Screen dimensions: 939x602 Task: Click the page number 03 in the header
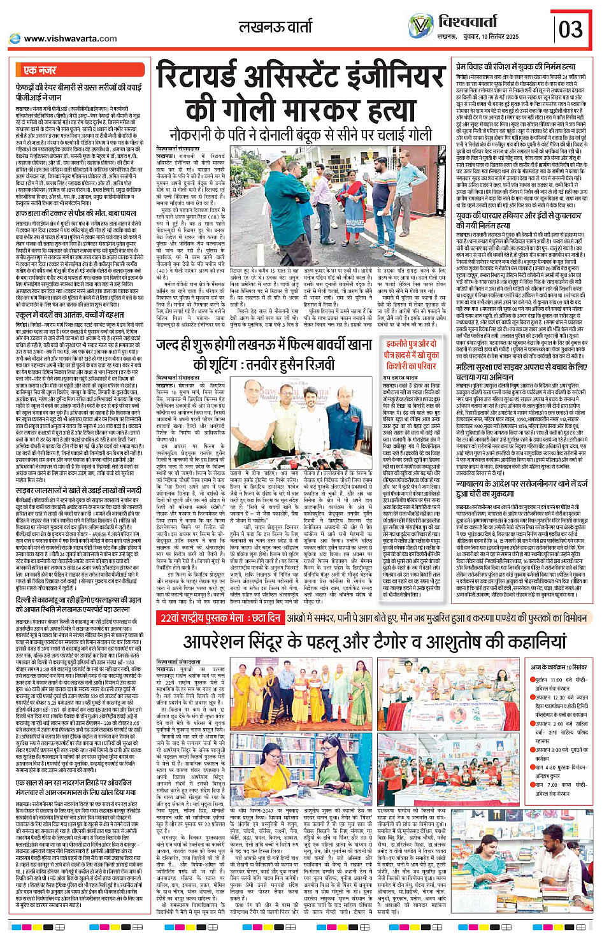(x=571, y=29)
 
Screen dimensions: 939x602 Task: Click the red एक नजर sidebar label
(x=40, y=70)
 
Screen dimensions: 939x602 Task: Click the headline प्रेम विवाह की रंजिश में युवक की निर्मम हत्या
(x=515, y=66)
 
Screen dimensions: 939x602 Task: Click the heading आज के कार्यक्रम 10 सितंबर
(x=559, y=666)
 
